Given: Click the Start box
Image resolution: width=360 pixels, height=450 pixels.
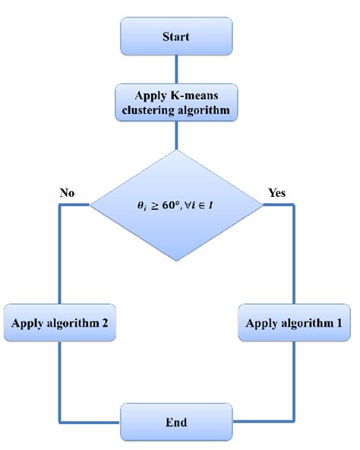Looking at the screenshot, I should pyautogui.click(x=176, y=36).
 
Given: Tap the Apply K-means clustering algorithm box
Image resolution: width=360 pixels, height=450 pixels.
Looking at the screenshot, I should pyautogui.click(x=176, y=103).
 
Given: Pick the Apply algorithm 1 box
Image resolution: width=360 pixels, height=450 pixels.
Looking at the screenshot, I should pyautogui.click(x=294, y=322).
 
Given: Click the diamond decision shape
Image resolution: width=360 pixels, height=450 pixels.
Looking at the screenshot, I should pyautogui.click(x=176, y=204).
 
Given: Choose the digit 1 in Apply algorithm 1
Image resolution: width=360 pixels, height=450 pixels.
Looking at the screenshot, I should pyautogui.click(x=337, y=322).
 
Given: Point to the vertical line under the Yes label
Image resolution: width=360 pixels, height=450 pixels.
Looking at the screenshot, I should pyautogui.click(x=294, y=251).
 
